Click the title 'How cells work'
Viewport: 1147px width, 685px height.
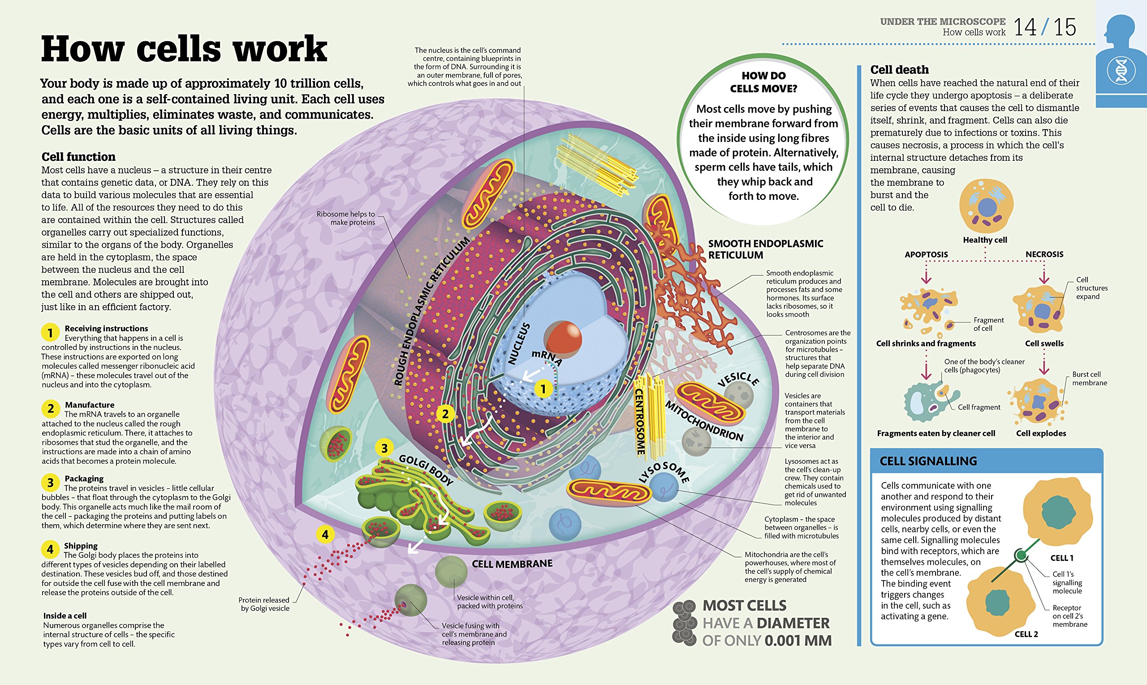[184, 49]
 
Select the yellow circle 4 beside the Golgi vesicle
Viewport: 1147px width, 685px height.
[325, 534]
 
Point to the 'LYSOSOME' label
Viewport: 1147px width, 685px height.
[664, 472]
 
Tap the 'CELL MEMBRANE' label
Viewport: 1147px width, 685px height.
[512, 564]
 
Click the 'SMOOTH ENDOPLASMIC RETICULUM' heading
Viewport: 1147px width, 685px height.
[765, 249]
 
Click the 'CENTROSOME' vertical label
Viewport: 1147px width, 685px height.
[640, 421]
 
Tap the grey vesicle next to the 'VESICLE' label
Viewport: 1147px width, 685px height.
[738, 395]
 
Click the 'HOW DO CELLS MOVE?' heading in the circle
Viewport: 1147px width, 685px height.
[763, 82]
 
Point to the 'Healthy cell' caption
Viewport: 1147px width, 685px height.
[984, 240]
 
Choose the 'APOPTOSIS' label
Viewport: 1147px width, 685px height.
[926, 254]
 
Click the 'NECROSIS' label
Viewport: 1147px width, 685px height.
[1044, 254]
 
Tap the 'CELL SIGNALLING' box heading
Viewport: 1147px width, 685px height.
[928, 461]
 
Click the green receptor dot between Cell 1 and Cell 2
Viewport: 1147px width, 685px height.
[1021, 555]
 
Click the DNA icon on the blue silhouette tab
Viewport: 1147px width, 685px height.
[1121, 72]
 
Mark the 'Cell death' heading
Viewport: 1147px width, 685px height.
[899, 70]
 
